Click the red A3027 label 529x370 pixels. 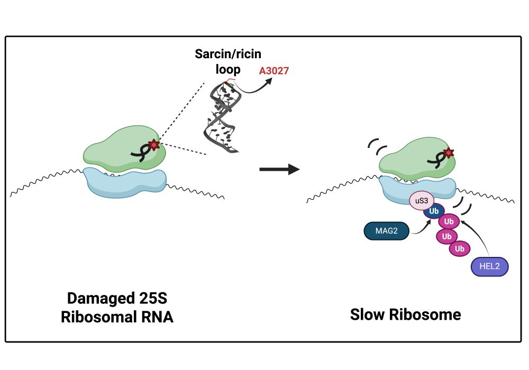click(274, 70)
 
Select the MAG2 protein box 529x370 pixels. click(386, 231)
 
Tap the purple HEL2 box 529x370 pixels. click(489, 266)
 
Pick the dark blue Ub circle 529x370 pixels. click(434, 211)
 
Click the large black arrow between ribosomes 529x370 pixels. click(279, 170)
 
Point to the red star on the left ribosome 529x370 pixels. click(153, 144)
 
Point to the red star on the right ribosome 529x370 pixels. click(449, 153)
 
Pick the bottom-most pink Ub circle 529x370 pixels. click(459, 248)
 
